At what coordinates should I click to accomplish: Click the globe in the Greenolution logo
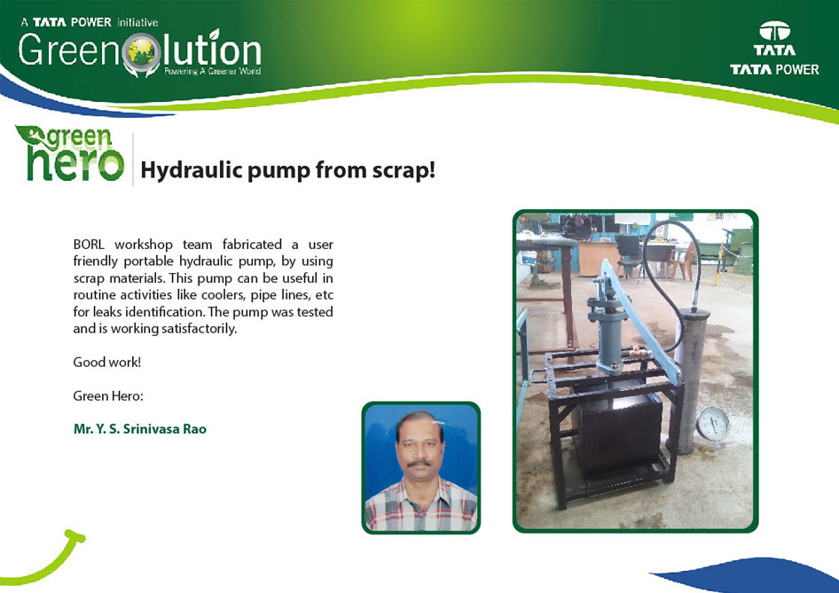141,52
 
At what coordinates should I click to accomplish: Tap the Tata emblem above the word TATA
774,31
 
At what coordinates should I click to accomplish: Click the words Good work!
107,362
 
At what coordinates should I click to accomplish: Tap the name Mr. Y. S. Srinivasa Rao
140,429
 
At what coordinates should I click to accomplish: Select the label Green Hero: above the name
108,396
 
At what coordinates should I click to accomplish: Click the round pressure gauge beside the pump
713,424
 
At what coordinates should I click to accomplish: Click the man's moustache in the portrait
419,463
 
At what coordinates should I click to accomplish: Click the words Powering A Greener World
213,71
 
